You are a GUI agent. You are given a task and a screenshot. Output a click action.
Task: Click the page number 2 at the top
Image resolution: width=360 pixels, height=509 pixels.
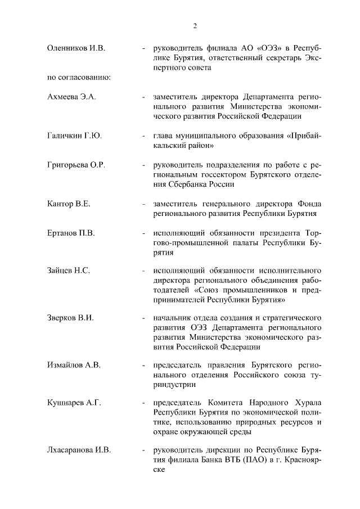(195, 25)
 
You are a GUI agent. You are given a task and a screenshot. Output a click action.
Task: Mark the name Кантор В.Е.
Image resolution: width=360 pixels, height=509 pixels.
(69, 204)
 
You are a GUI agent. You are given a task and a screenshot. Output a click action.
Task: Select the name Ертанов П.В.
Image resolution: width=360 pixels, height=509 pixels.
(71, 233)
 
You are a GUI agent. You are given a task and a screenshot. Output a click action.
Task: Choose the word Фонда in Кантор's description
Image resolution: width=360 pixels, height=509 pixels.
(309, 204)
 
